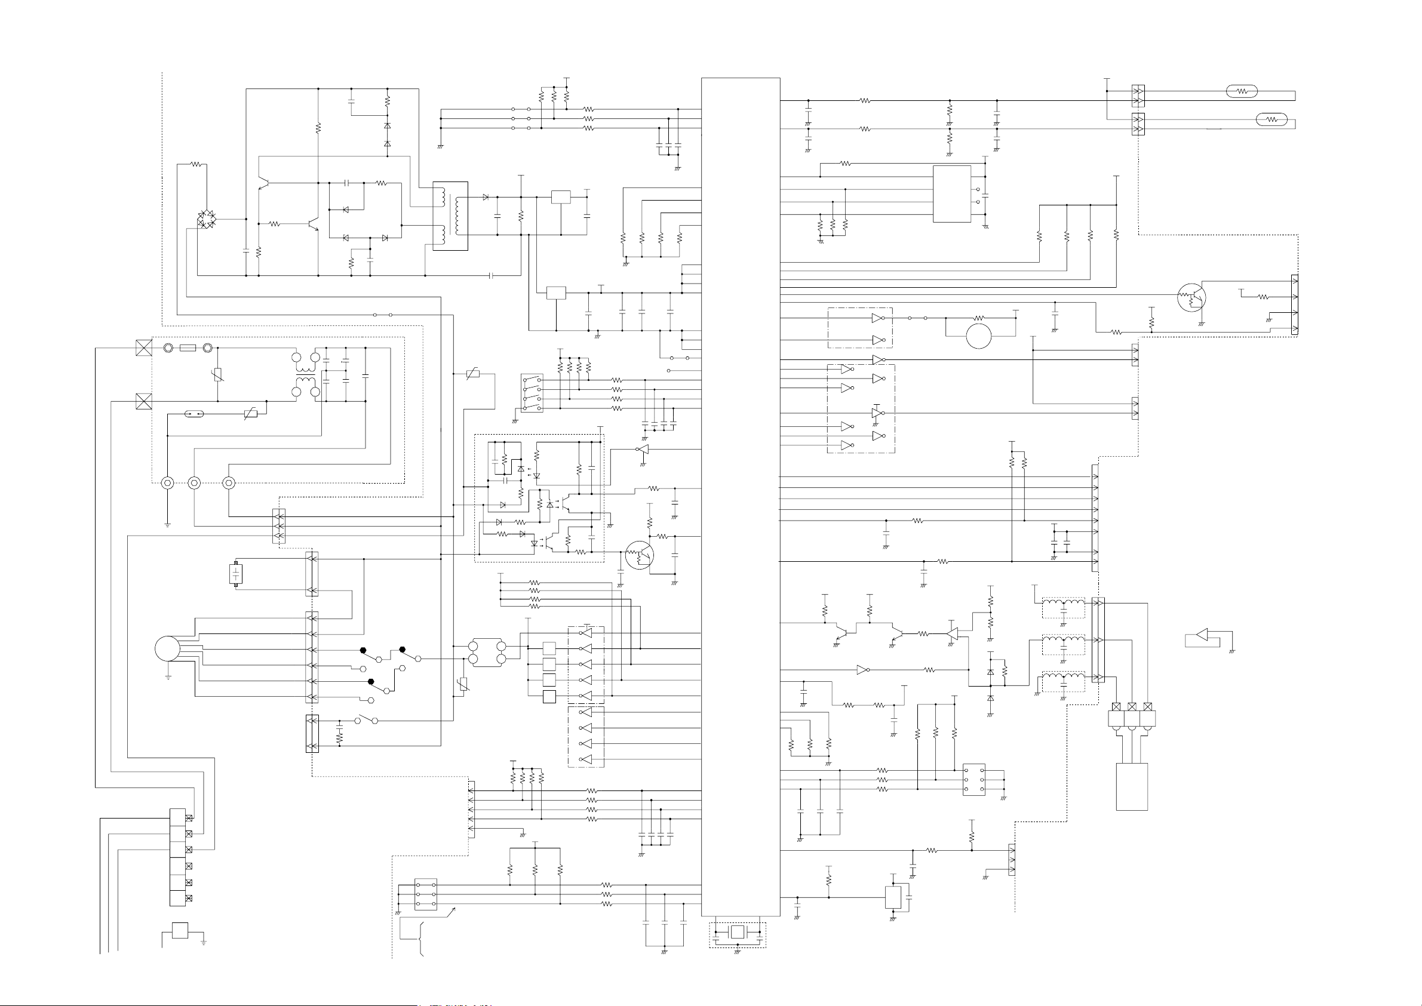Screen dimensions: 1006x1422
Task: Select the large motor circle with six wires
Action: point(167,648)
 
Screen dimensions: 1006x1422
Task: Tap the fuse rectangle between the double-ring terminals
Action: point(188,348)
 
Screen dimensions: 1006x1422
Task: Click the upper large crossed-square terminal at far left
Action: point(144,347)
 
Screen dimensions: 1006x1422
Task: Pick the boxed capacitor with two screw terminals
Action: point(235,574)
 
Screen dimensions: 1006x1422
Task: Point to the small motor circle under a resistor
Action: point(978,336)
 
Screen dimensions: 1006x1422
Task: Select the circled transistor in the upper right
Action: point(1191,298)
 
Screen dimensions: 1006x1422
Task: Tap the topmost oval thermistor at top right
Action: point(1242,92)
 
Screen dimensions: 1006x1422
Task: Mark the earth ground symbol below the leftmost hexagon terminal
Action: point(167,525)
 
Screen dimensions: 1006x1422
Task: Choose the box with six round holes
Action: point(974,780)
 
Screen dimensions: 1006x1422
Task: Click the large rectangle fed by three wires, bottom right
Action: point(1131,787)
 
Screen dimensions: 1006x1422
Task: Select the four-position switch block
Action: point(532,394)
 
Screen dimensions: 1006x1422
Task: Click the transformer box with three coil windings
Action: point(450,216)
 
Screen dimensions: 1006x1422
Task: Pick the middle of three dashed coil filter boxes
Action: point(1063,645)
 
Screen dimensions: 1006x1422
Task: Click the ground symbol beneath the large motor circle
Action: point(168,678)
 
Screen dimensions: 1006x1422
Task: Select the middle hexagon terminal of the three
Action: point(194,482)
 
